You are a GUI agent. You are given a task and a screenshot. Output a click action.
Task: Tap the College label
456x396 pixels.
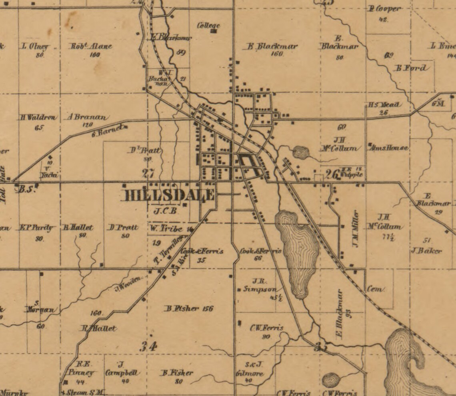[209, 26]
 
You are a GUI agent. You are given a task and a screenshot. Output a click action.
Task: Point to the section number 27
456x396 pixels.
[148, 173]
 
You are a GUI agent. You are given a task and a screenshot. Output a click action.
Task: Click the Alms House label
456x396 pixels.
[389, 148]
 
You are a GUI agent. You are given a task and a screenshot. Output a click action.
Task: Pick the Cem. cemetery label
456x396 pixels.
[376, 289]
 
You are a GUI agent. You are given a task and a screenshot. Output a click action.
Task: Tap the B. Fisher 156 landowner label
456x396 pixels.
[189, 308]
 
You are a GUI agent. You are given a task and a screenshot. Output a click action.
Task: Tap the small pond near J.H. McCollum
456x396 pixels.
[301, 152]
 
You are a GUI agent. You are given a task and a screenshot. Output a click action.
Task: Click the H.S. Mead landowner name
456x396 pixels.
[384, 105]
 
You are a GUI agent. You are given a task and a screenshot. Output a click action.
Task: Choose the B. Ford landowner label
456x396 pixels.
[411, 68]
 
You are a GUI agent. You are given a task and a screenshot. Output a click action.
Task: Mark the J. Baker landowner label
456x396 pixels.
[426, 251]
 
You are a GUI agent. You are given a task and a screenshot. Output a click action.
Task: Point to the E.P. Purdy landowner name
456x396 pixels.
[36, 228]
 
